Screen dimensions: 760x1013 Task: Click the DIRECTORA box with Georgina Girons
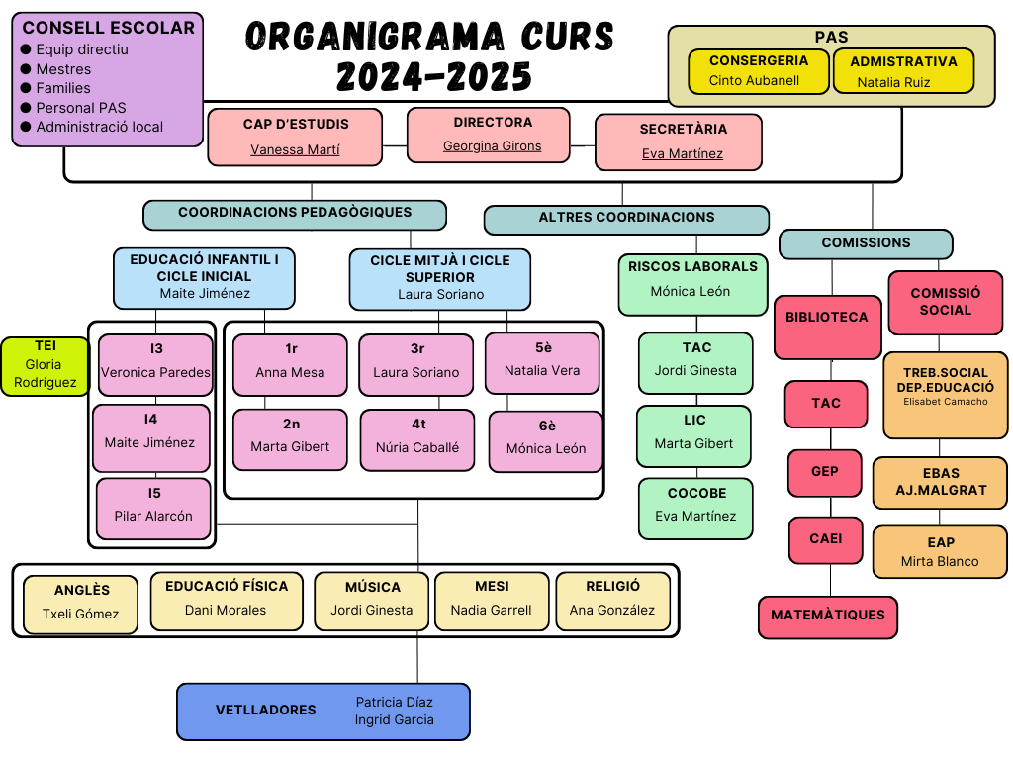(489, 135)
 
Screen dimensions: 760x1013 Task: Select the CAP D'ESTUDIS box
(295, 137)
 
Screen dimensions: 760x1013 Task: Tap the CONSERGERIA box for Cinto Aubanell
(758, 70)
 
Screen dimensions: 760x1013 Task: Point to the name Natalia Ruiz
(893, 83)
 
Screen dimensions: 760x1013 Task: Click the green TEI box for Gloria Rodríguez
(45, 365)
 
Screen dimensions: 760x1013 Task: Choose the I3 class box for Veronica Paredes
(155, 363)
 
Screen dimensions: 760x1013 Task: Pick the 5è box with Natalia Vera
(542, 362)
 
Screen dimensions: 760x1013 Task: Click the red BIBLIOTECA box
(827, 327)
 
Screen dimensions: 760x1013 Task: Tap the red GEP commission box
(825, 472)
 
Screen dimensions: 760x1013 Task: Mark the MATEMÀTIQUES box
(827, 616)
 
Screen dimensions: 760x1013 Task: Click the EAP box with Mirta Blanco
(940, 552)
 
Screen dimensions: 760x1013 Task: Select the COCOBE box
(695, 508)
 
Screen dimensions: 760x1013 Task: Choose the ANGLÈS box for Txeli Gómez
(81, 603)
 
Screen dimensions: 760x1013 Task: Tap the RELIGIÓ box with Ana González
(611, 600)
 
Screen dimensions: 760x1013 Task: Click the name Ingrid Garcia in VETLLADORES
(394, 720)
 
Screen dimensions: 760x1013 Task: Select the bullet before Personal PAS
(26, 108)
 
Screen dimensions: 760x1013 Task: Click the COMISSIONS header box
(866, 243)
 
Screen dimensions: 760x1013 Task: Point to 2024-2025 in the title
(434, 76)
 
